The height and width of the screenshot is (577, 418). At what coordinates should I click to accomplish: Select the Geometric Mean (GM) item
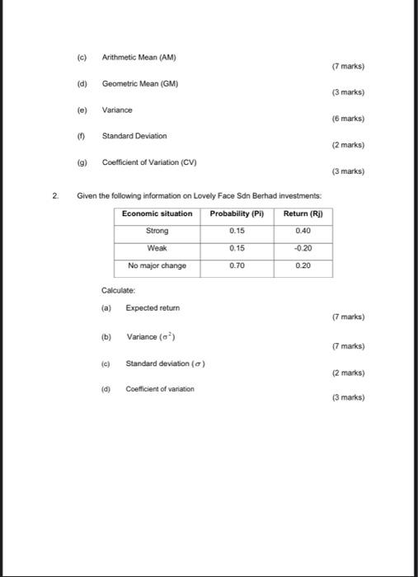(140, 83)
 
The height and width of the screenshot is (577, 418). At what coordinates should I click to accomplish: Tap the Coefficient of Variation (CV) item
(149, 162)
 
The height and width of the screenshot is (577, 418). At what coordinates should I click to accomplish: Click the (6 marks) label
(346, 119)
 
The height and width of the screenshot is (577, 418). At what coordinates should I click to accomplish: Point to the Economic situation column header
(157, 213)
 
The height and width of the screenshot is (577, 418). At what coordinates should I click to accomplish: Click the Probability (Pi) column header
(237, 213)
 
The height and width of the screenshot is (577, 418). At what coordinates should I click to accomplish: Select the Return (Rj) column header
(303, 213)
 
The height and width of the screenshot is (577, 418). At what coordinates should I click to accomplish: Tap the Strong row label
(157, 231)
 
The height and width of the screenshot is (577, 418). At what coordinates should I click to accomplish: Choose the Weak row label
(157, 248)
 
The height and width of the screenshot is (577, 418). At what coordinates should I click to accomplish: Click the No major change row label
(157, 265)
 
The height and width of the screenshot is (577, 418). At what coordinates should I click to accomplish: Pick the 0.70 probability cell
(237, 265)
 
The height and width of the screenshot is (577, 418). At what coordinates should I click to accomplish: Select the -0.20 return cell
(303, 248)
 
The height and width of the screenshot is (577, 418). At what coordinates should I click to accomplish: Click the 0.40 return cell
(303, 231)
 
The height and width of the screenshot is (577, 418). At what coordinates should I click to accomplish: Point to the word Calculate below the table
(117, 290)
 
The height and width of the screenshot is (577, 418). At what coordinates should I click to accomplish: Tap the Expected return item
(152, 307)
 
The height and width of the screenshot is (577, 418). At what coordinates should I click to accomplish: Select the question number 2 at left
(55, 195)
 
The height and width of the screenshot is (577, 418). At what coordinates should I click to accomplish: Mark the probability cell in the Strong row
(237, 231)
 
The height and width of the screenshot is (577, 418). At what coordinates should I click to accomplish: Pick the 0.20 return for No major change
(303, 265)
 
